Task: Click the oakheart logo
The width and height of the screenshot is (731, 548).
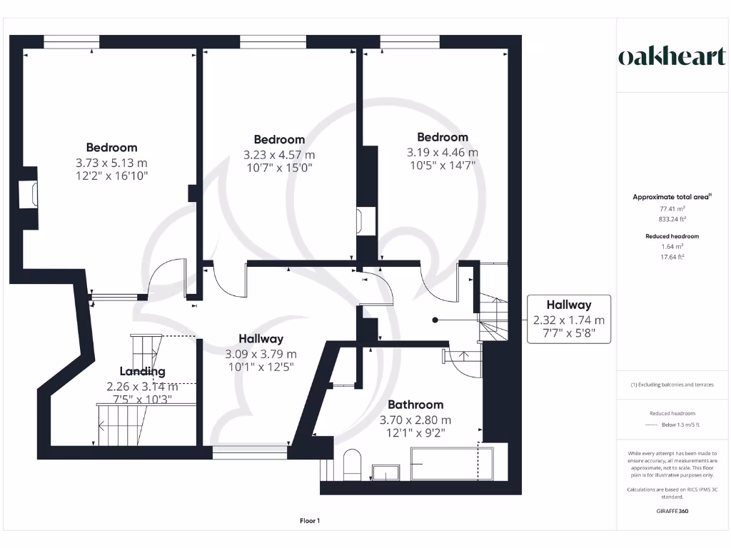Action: [x=671, y=58]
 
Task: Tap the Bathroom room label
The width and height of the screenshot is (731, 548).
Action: [x=415, y=405]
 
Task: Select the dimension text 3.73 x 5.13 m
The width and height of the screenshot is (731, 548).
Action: [x=111, y=162]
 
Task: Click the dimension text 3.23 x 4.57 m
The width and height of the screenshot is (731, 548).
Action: [x=278, y=154]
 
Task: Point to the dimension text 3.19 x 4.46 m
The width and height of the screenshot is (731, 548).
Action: [x=443, y=152]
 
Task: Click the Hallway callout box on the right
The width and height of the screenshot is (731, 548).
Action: [x=569, y=318]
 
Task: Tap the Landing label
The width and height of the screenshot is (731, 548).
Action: [x=142, y=371]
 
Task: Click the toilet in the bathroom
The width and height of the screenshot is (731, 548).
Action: [x=353, y=465]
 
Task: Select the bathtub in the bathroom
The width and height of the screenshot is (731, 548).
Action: [x=451, y=465]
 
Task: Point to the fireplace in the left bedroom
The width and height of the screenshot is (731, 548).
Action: [x=29, y=194]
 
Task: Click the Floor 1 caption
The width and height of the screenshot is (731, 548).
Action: [x=310, y=521]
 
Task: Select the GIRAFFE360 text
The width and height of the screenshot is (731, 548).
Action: [x=672, y=511]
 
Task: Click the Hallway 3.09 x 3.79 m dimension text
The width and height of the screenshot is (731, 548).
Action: [x=261, y=354]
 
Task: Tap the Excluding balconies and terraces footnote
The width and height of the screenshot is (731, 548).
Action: [x=672, y=385]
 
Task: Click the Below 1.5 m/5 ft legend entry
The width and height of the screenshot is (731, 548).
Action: [x=679, y=425]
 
